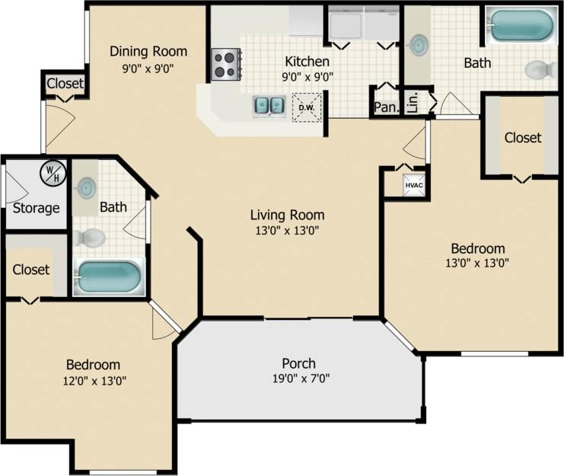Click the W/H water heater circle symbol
pyautogui.click(x=53, y=174)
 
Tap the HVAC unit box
pyautogui.click(x=413, y=185)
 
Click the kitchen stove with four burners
pyautogui.click(x=225, y=64)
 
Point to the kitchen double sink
pyautogui.click(x=269, y=105)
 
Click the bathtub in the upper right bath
pyautogui.click(x=520, y=25)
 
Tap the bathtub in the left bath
pyautogui.click(x=110, y=277)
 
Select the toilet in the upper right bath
pyautogui.click(x=540, y=69)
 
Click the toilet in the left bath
pyautogui.click(x=91, y=237)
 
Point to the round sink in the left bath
pyautogui.click(x=88, y=187)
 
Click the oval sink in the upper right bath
pyautogui.click(x=417, y=46)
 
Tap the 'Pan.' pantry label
pyautogui.click(x=386, y=107)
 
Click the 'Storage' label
pyautogui.click(x=36, y=208)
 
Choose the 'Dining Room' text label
pyautogui.click(x=148, y=51)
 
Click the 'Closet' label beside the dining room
pyautogui.click(x=65, y=84)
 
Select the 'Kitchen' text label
pyautogui.click(x=307, y=61)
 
